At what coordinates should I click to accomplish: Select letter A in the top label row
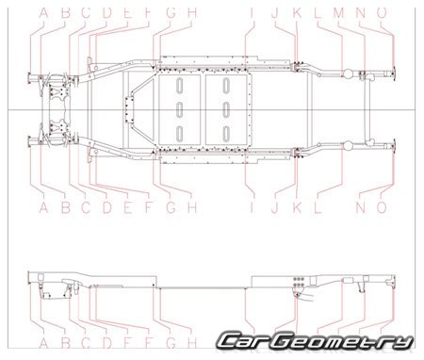[x=41, y=12]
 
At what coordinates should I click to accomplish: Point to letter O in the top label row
[x=382, y=12]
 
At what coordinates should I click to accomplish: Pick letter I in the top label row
[x=252, y=12]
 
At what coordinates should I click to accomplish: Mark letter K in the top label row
[x=296, y=12]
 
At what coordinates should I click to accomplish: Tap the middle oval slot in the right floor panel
[x=226, y=108]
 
